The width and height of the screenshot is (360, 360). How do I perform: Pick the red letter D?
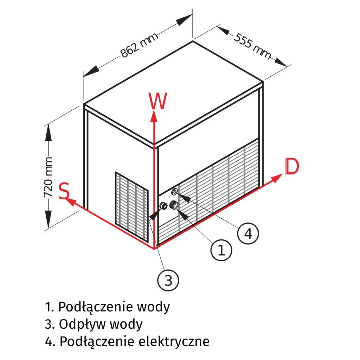point(292,167)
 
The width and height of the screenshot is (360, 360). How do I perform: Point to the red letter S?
point(63,192)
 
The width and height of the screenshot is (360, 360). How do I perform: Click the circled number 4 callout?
point(248,233)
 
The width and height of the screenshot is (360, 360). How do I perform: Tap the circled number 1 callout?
point(221,250)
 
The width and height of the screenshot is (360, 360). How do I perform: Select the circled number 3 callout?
point(168,280)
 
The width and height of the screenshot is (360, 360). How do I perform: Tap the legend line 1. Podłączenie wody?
point(107,307)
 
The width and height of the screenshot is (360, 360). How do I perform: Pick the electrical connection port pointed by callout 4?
point(175,192)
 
